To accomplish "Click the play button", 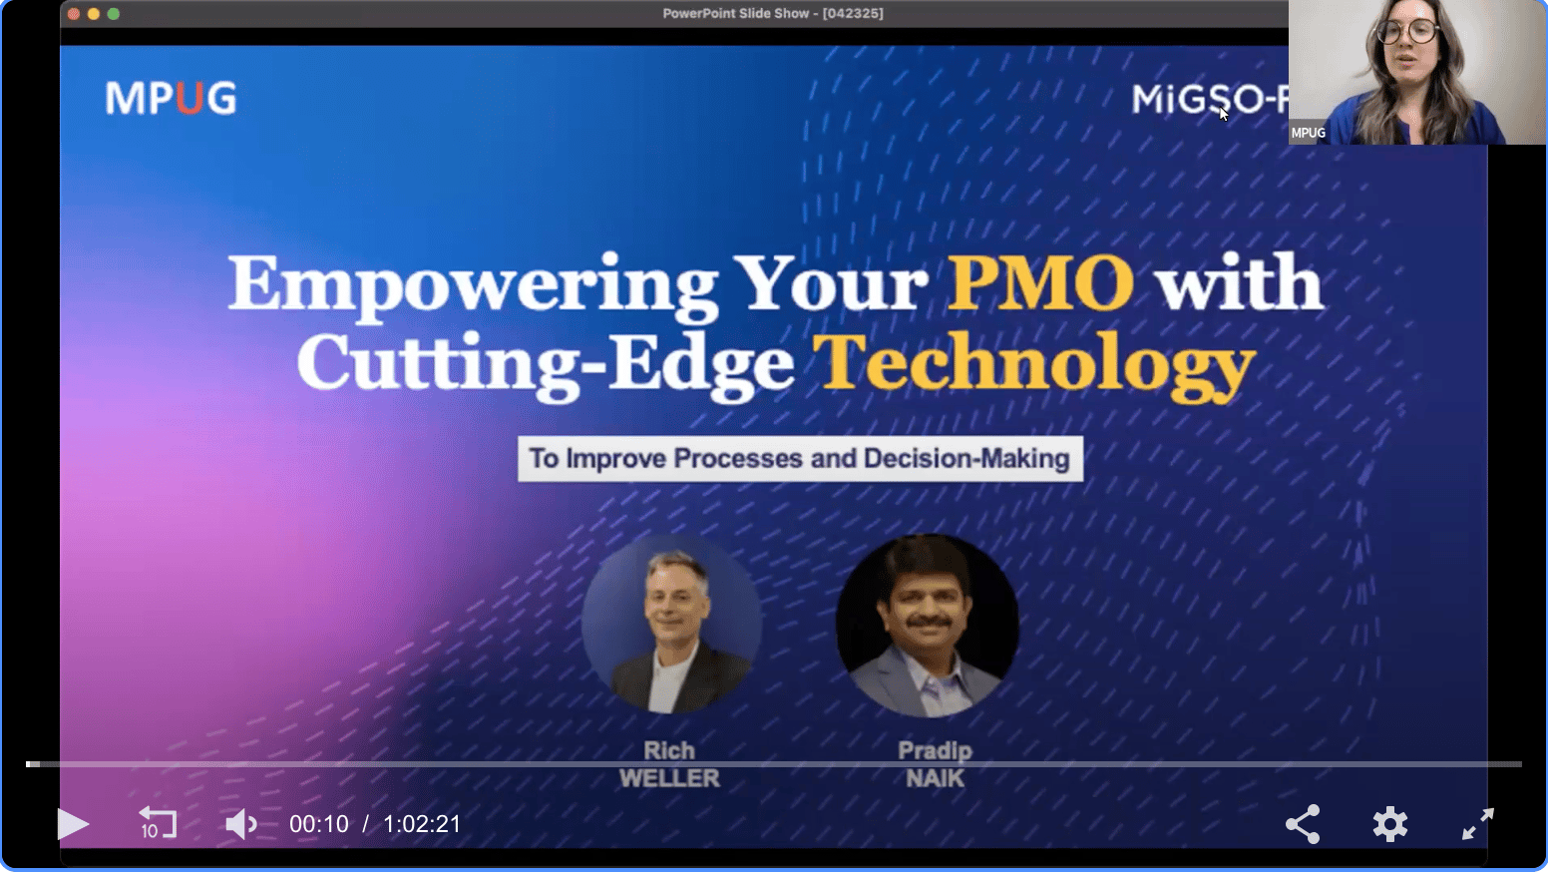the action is pyautogui.click(x=73, y=823).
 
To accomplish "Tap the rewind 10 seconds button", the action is pyautogui.click(x=158, y=822).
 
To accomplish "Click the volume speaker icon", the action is pyautogui.click(x=240, y=823).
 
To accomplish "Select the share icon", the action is pyautogui.click(x=1303, y=823).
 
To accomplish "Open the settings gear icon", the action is pyautogui.click(x=1389, y=823).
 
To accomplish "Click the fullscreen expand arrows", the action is pyautogui.click(x=1477, y=823).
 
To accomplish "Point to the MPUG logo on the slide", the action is pyautogui.click(x=171, y=98).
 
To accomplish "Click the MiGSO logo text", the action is pyautogui.click(x=1210, y=99).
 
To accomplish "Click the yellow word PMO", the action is pyautogui.click(x=1040, y=282).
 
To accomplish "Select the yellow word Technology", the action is pyautogui.click(x=1033, y=366).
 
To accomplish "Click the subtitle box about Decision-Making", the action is pyautogui.click(x=800, y=458).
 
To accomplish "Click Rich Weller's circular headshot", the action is pyautogui.click(x=671, y=623).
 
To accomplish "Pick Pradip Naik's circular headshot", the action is pyautogui.click(x=927, y=625).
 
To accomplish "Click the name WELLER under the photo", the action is pyautogui.click(x=669, y=778).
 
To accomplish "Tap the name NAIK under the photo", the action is pyautogui.click(x=935, y=778).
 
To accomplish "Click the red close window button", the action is pyautogui.click(x=74, y=14).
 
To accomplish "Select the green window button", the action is pyautogui.click(x=114, y=14).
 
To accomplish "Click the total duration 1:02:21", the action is pyautogui.click(x=422, y=824).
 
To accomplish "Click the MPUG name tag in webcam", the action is pyautogui.click(x=1309, y=133).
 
